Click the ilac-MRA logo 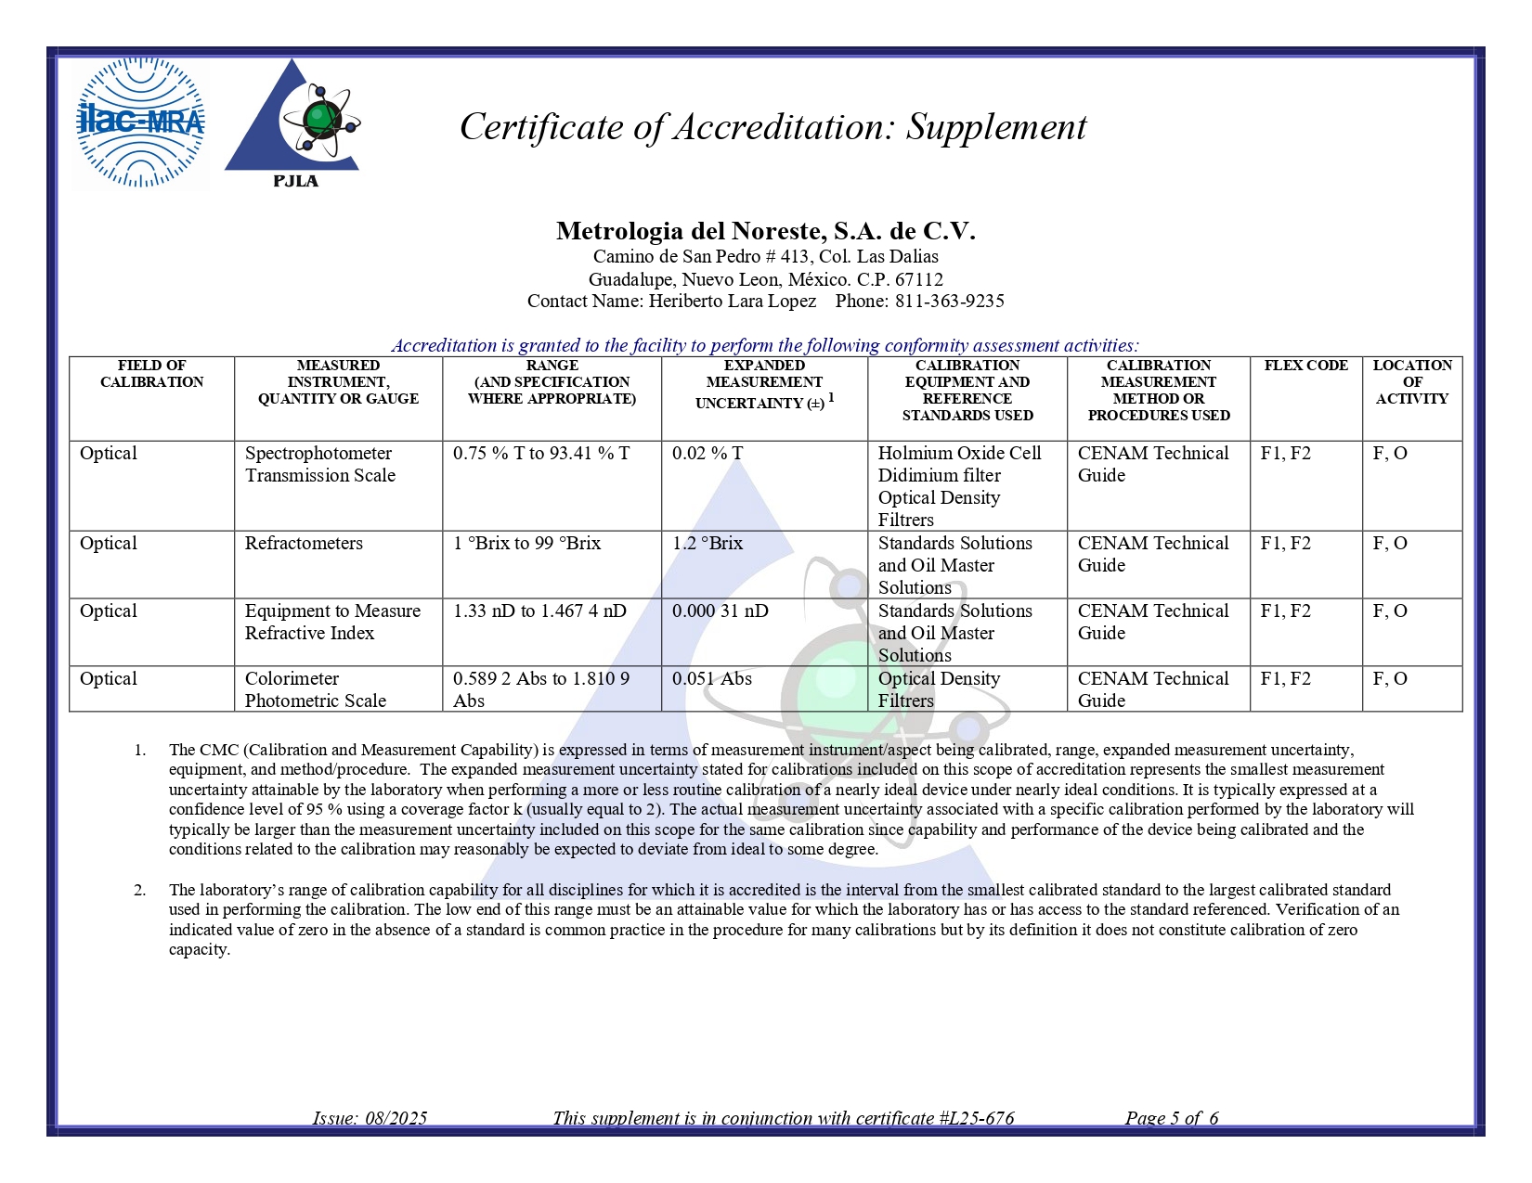click(x=140, y=122)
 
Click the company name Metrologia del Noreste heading click(x=765, y=231)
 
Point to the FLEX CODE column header click(x=1305, y=366)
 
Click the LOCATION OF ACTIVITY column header click(x=1411, y=381)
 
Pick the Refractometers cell click(x=304, y=544)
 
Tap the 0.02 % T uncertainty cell click(x=708, y=454)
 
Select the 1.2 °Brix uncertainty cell click(x=708, y=544)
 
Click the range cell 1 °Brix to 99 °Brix click(x=526, y=544)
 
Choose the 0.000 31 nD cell click(x=720, y=611)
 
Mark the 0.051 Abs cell click(x=712, y=679)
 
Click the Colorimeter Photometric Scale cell click(x=316, y=689)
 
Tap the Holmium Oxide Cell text click(x=959, y=454)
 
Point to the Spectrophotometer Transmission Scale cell click(x=320, y=464)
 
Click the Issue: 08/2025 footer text click(x=370, y=1118)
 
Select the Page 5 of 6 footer click(x=1172, y=1118)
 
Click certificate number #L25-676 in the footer click(x=976, y=1118)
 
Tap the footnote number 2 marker click(x=139, y=891)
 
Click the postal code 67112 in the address click(x=918, y=279)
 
